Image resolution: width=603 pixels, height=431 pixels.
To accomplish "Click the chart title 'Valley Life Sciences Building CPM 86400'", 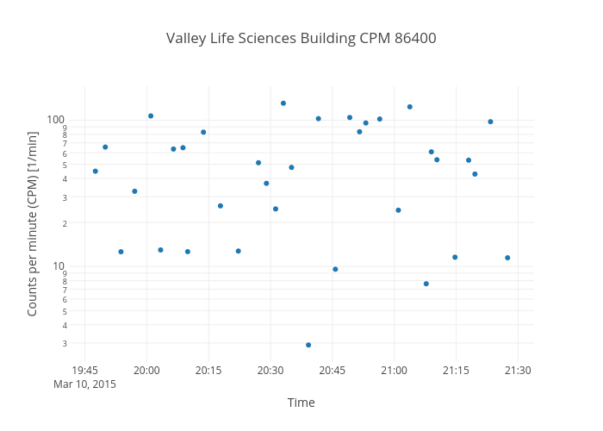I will point(301,39).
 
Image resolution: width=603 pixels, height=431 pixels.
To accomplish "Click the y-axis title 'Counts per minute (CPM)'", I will point(33,223).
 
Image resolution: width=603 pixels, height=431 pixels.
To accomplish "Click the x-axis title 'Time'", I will point(301,403).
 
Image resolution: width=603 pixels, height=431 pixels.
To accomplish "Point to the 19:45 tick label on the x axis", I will point(84,371).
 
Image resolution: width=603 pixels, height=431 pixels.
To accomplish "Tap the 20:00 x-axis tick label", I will point(146,371).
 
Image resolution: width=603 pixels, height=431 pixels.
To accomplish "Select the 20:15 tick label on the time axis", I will point(208,371).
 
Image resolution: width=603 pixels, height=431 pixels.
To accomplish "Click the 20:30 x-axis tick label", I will point(270,371).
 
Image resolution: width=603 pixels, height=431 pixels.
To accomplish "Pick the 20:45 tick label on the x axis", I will point(333,371).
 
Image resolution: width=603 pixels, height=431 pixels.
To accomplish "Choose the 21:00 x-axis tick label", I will point(395,371).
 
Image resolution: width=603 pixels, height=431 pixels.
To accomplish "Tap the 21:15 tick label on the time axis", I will point(456,371).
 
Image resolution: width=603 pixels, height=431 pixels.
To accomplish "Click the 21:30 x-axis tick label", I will point(518,371).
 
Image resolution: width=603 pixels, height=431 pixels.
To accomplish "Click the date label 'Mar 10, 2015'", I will point(84,384).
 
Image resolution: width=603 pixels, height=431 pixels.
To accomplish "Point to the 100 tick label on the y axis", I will point(55,119).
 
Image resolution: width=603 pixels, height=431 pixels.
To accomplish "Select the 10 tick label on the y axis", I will point(58,265).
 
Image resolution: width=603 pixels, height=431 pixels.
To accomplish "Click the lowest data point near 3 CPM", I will point(308,345).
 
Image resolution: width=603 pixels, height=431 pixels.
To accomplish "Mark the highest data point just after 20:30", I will point(283,103).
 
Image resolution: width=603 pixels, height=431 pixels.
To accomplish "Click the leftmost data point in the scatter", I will point(95,172).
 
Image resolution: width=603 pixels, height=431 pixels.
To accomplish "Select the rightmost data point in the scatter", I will point(507,258).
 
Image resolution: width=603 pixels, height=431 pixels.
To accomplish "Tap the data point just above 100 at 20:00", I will point(151,116).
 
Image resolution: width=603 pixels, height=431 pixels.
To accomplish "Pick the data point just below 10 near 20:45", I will point(335,269).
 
